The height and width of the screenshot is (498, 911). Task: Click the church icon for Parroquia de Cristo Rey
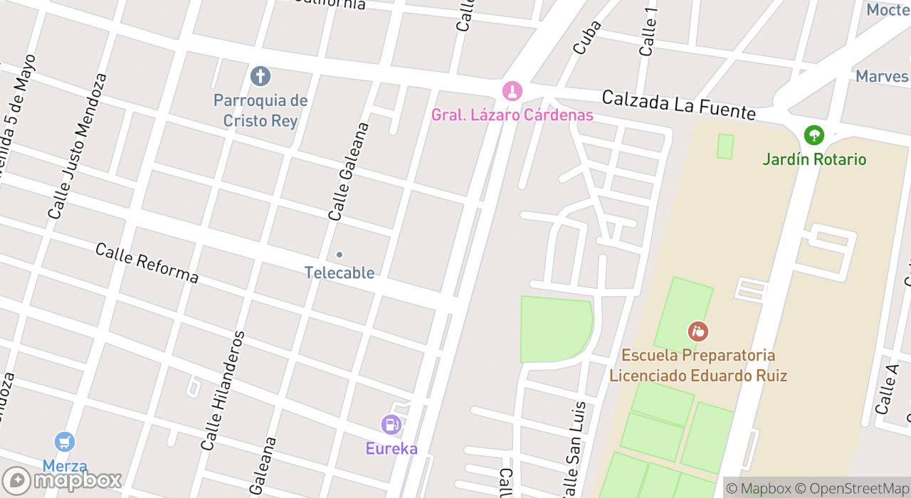click(x=260, y=75)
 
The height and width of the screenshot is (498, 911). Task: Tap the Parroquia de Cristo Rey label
click(x=260, y=110)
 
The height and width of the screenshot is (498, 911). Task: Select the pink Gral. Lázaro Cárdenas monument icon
click(x=512, y=90)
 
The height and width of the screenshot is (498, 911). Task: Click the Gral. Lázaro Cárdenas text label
click(x=512, y=115)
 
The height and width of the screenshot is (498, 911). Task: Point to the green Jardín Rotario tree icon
click(x=813, y=134)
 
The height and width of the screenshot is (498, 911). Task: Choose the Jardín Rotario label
click(x=814, y=159)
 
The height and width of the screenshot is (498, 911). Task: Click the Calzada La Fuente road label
click(x=678, y=105)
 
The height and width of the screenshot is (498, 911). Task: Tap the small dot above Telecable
click(x=339, y=255)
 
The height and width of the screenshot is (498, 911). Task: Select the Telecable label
click(x=339, y=272)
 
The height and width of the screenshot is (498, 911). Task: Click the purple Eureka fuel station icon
click(x=391, y=425)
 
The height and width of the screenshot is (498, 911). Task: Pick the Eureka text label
click(x=391, y=448)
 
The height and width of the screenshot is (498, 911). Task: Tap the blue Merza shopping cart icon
click(x=65, y=442)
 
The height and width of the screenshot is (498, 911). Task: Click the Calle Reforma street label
click(x=147, y=263)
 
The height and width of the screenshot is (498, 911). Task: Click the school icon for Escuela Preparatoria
click(x=698, y=331)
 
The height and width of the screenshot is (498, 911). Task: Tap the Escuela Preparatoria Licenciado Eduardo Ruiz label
click(x=698, y=365)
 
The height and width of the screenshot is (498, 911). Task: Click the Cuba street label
click(x=587, y=37)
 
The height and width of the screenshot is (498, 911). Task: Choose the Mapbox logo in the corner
click(x=62, y=480)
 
